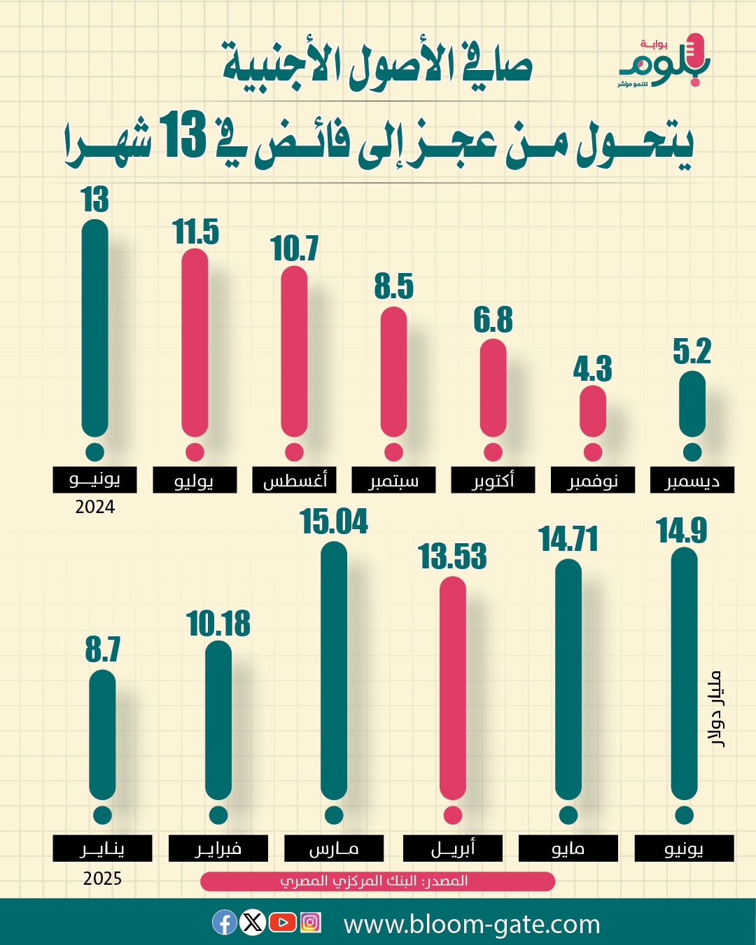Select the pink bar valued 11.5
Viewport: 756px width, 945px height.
coord(195,343)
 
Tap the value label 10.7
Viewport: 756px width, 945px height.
coord(294,248)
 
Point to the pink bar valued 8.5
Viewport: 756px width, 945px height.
coord(393,372)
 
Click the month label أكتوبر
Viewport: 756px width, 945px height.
coord(493,480)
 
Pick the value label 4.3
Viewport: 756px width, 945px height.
coord(592,369)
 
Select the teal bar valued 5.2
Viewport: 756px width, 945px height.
coord(692,405)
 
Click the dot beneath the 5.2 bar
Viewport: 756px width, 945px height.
coord(692,452)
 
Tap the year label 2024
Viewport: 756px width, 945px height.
coord(95,507)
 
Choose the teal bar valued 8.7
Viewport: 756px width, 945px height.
coord(102,735)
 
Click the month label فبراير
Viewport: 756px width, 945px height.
coord(218,848)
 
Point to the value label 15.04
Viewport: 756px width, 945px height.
coord(334,522)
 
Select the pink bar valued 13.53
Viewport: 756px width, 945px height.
coord(453,688)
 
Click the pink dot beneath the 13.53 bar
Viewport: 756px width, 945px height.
coord(453,815)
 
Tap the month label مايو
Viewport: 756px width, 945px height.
coord(568,848)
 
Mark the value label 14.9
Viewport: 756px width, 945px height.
coord(682,531)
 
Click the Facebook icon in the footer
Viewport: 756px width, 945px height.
coord(224,923)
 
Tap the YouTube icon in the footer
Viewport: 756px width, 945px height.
coord(282,923)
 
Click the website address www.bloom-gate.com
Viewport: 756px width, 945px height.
coord(472,924)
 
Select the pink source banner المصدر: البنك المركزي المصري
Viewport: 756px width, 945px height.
coord(377,881)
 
